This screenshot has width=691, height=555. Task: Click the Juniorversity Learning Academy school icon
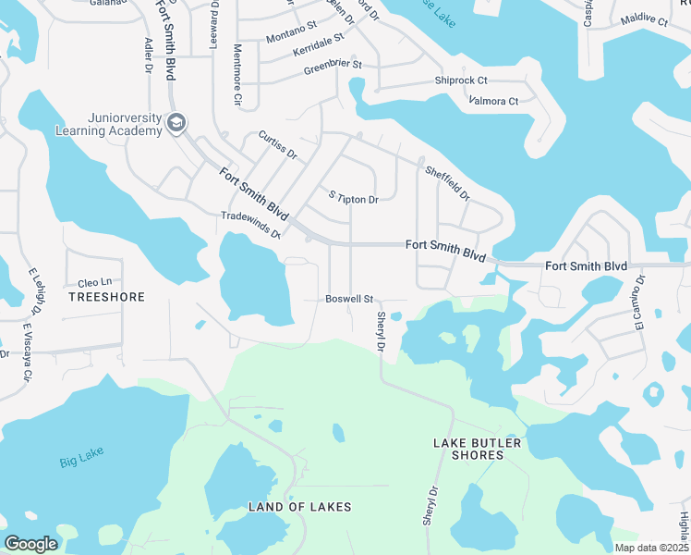pos(176,124)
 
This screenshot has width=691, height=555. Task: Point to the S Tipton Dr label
pos(354,199)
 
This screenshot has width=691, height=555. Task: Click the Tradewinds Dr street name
pos(250,223)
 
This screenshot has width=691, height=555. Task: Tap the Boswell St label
pos(348,299)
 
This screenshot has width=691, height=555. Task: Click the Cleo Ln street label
pos(94,282)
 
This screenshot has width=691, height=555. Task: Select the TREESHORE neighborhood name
pos(107,298)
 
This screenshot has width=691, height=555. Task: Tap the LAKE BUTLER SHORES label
pos(478,449)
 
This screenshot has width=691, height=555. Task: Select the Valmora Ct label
pos(493,100)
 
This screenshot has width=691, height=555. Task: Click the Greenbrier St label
pos(333,66)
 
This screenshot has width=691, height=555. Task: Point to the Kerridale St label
pos(318,43)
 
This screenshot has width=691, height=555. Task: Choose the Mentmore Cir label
pos(237,74)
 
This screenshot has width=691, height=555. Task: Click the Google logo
pos(30,543)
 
